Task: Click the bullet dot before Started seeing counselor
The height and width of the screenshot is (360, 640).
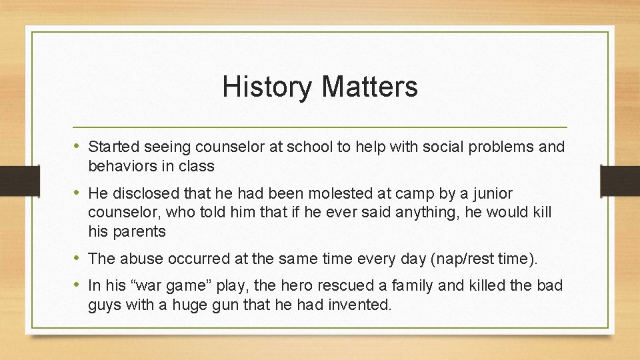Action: click(79, 146)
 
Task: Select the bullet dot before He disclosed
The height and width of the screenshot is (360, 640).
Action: click(79, 193)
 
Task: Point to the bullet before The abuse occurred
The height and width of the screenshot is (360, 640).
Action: click(79, 257)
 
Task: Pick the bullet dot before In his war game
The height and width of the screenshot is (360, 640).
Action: click(79, 285)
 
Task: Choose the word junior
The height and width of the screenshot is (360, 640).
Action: click(493, 194)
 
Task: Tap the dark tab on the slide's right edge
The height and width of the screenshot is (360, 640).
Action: click(620, 180)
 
